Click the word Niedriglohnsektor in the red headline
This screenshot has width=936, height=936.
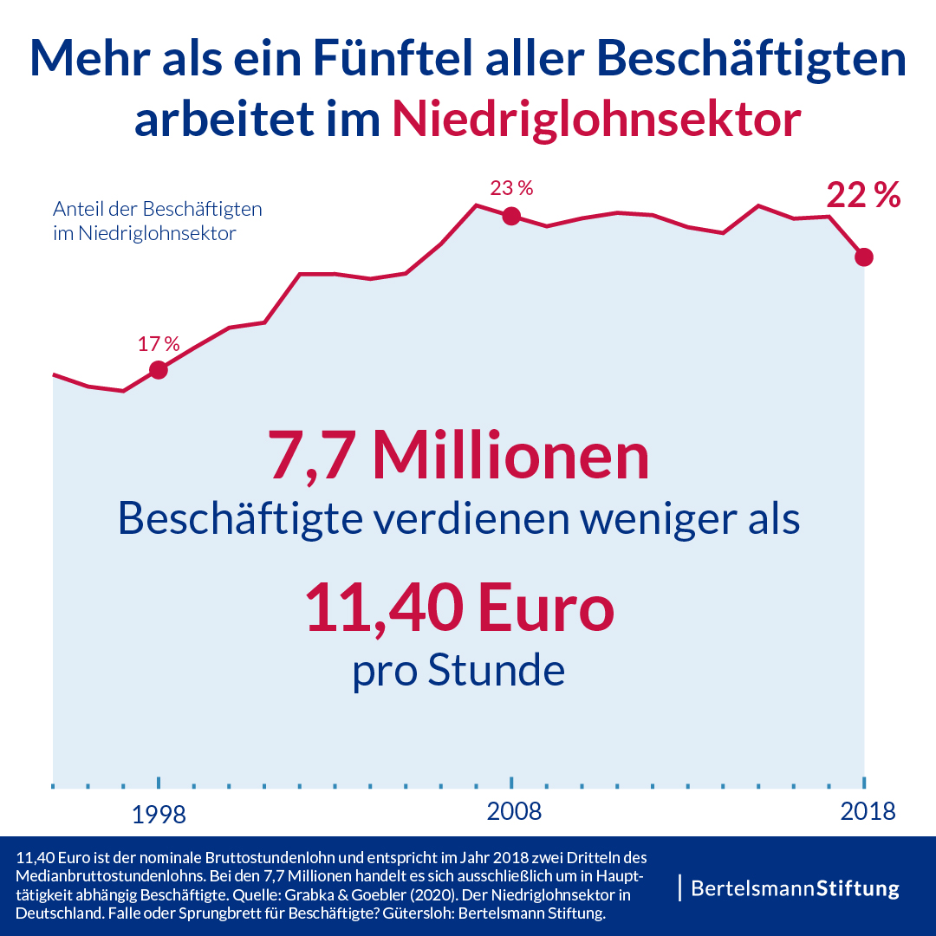coord(595,120)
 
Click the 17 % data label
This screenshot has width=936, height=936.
coord(159,343)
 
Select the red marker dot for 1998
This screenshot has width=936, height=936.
coord(159,370)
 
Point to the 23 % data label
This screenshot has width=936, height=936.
coord(511,188)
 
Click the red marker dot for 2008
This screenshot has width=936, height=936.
coord(511,216)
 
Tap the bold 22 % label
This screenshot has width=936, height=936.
coord(862,196)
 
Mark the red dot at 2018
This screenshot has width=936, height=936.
coord(863,257)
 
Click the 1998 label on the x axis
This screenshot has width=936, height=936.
coord(159,814)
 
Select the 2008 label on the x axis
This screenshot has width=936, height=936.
coord(514,812)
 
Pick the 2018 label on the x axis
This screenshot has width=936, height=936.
coord(868,812)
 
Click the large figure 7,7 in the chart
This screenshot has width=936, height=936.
coord(313,456)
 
